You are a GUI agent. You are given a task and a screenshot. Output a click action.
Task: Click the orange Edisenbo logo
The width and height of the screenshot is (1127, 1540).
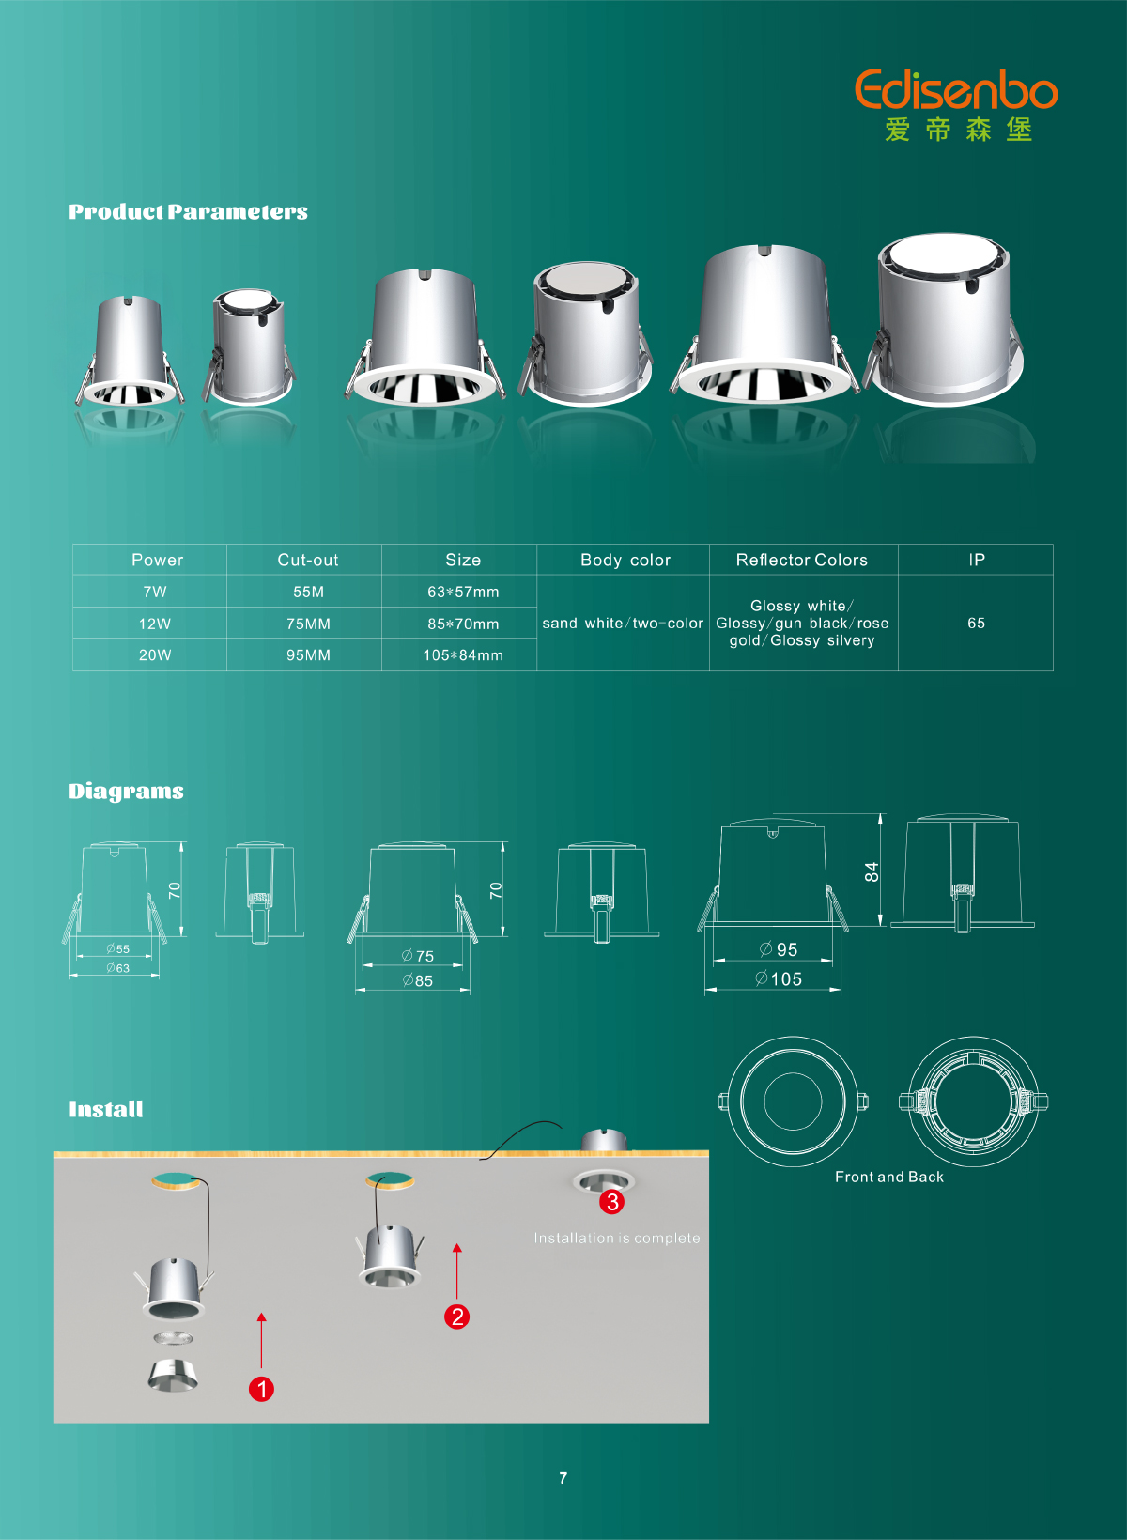pos(956,89)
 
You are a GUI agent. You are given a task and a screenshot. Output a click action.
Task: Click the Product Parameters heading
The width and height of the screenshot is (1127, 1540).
pos(188,212)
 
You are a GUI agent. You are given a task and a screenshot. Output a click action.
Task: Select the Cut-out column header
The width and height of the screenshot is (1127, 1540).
pos(307,561)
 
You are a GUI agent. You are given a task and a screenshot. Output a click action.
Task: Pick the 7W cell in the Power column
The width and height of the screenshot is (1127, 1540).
pos(155,592)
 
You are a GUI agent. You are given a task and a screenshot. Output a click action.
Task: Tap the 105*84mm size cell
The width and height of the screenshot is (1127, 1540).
pos(463,655)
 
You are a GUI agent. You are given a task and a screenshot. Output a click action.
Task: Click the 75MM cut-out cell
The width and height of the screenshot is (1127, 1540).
pos(308,624)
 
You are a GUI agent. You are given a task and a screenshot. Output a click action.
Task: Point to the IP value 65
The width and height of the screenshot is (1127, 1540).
pos(976,623)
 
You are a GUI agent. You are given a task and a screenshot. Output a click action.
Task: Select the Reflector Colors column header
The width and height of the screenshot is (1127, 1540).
pos(802,561)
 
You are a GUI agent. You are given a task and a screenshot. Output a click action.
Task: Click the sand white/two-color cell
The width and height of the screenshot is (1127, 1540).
pos(623,624)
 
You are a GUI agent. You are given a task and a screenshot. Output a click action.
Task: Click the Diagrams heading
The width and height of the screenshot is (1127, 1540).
pos(126,792)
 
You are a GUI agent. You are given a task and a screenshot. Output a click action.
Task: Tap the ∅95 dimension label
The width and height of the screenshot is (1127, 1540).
pos(779,949)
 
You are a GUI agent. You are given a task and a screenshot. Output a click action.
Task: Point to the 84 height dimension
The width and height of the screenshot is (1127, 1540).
pos(872,871)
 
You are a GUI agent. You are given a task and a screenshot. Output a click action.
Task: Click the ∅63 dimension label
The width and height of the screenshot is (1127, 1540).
pos(117,968)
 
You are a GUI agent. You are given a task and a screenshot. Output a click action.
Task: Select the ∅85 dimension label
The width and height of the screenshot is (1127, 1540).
pos(417,980)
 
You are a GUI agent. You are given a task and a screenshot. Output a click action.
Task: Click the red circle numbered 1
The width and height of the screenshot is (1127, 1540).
pos(261,1389)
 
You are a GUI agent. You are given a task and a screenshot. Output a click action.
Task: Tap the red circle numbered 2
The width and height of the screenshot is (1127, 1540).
pos(456,1317)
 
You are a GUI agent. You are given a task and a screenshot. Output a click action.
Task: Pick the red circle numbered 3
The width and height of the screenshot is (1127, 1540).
pos(612,1202)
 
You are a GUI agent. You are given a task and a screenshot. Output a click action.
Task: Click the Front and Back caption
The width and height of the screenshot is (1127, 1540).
pos(889,1177)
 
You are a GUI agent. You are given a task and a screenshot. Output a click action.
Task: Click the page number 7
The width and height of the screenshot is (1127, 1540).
pos(563,1478)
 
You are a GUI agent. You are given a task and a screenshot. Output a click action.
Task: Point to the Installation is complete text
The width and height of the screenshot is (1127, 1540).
pos(617,1239)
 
